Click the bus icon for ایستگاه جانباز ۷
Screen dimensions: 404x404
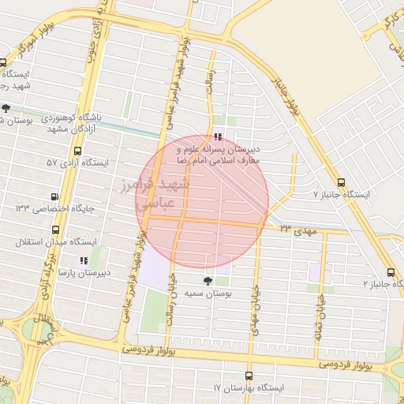[341, 181]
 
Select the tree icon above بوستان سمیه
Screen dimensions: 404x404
[208, 280]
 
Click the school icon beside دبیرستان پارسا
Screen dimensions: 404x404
[82, 260]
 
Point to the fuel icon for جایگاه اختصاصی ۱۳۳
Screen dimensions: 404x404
[54, 196]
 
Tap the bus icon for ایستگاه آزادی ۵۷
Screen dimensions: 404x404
[78, 150]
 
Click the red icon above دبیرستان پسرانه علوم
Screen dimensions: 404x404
[218, 137]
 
